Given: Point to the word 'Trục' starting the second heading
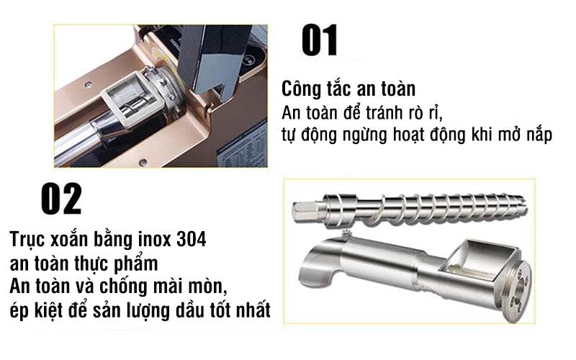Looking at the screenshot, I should coord(28,239).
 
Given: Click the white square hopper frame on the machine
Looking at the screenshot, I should coord(126,97).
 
